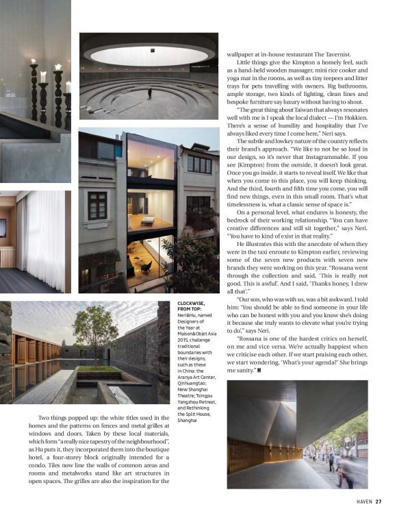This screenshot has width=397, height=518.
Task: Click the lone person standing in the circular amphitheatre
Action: tap(149, 92)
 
